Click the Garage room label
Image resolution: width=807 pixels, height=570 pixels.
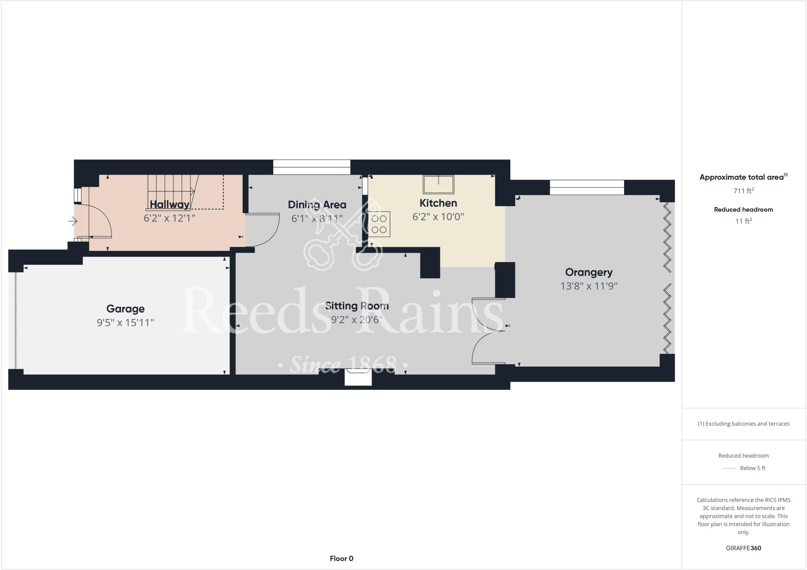point(125,309)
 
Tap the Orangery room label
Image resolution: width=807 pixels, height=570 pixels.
point(589,272)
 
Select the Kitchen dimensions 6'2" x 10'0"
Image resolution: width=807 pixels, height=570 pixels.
point(438,216)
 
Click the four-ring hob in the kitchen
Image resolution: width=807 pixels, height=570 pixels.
point(379,224)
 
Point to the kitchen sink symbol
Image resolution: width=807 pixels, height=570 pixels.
point(438,184)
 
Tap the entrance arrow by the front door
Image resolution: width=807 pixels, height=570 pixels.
point(73,221)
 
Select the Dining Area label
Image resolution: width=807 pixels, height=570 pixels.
point(317,205)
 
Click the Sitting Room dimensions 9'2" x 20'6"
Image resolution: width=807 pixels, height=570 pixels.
point(357,319)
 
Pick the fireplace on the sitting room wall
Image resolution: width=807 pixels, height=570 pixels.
point(358,377)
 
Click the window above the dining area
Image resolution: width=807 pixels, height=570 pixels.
point(312,167)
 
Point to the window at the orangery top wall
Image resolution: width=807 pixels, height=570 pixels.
point(587,187)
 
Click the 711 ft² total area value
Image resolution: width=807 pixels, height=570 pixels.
point(743,191)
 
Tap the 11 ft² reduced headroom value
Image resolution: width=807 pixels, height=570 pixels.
point(743,221)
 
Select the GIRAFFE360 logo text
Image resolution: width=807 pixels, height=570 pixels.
point(743,548)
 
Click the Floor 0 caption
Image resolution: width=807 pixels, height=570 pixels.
point(342,558)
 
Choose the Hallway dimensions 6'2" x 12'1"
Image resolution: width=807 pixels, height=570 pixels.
point(169,218)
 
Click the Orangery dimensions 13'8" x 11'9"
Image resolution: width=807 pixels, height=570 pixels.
point(589,286)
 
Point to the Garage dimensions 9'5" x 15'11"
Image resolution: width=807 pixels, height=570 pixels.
point(125,322)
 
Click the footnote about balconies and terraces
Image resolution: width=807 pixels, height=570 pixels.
point(743,424)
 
